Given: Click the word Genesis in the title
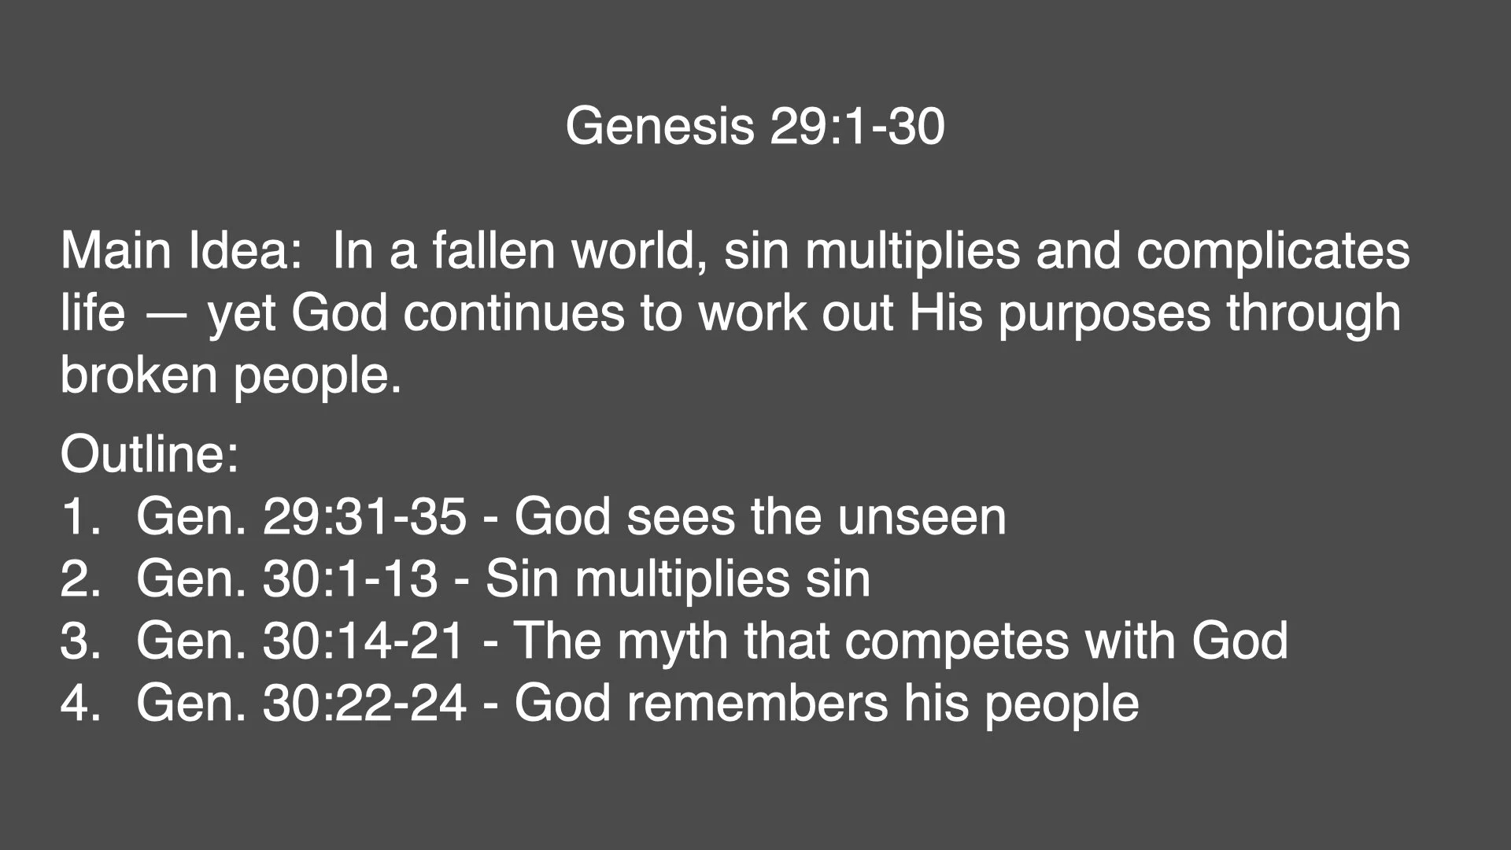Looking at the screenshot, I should [659, 126].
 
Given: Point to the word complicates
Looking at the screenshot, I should [1273, 251].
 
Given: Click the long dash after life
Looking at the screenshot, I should [166, 313].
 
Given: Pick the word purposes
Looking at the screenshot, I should [1104, 313].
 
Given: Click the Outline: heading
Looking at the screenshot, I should [150, 454].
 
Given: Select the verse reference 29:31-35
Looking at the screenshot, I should [364, 517].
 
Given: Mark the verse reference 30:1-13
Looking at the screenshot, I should [350, 579].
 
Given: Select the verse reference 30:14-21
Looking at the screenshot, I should [364, 641].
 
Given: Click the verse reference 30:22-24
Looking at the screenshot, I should [364, 703].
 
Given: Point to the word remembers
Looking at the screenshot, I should [757, 703].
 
